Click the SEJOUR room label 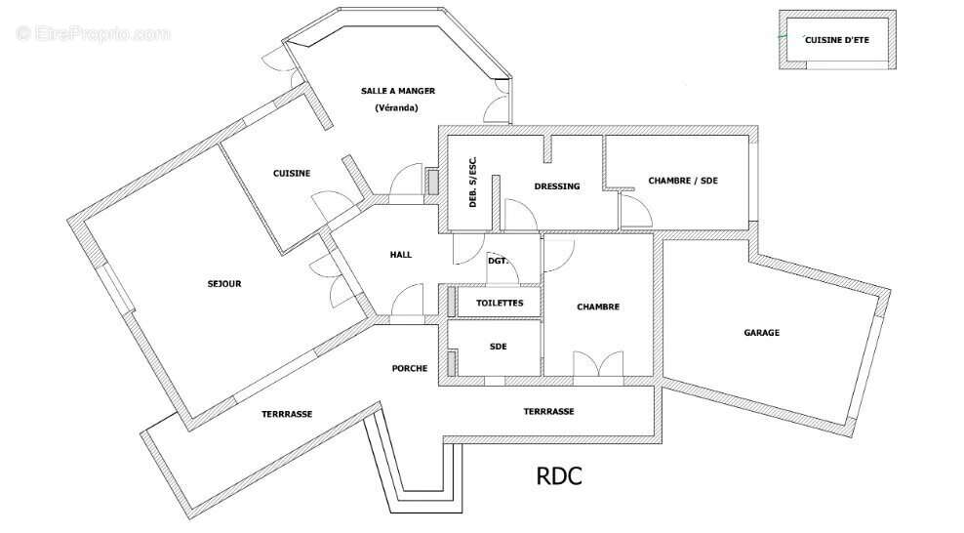(224, 284)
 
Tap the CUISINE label (292, 174)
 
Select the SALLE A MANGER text (398, 91)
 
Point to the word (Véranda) (396, 107)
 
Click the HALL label (401, 255)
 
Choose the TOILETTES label (500, 303)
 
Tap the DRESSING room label (557, 186)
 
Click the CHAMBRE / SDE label (683, 181)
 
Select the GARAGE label (762, 333)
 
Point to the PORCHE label (410, 368)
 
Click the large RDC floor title (559, 476)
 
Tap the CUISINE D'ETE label (837, 40)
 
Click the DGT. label (498, 261)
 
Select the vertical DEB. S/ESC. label (473, 182)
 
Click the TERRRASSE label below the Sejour (287, 414)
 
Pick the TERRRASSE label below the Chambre (548, 411)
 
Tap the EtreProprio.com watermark (94, 33)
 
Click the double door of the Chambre (598, 364)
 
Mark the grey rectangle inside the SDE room (451, 363)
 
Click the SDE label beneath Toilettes (498, 347)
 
